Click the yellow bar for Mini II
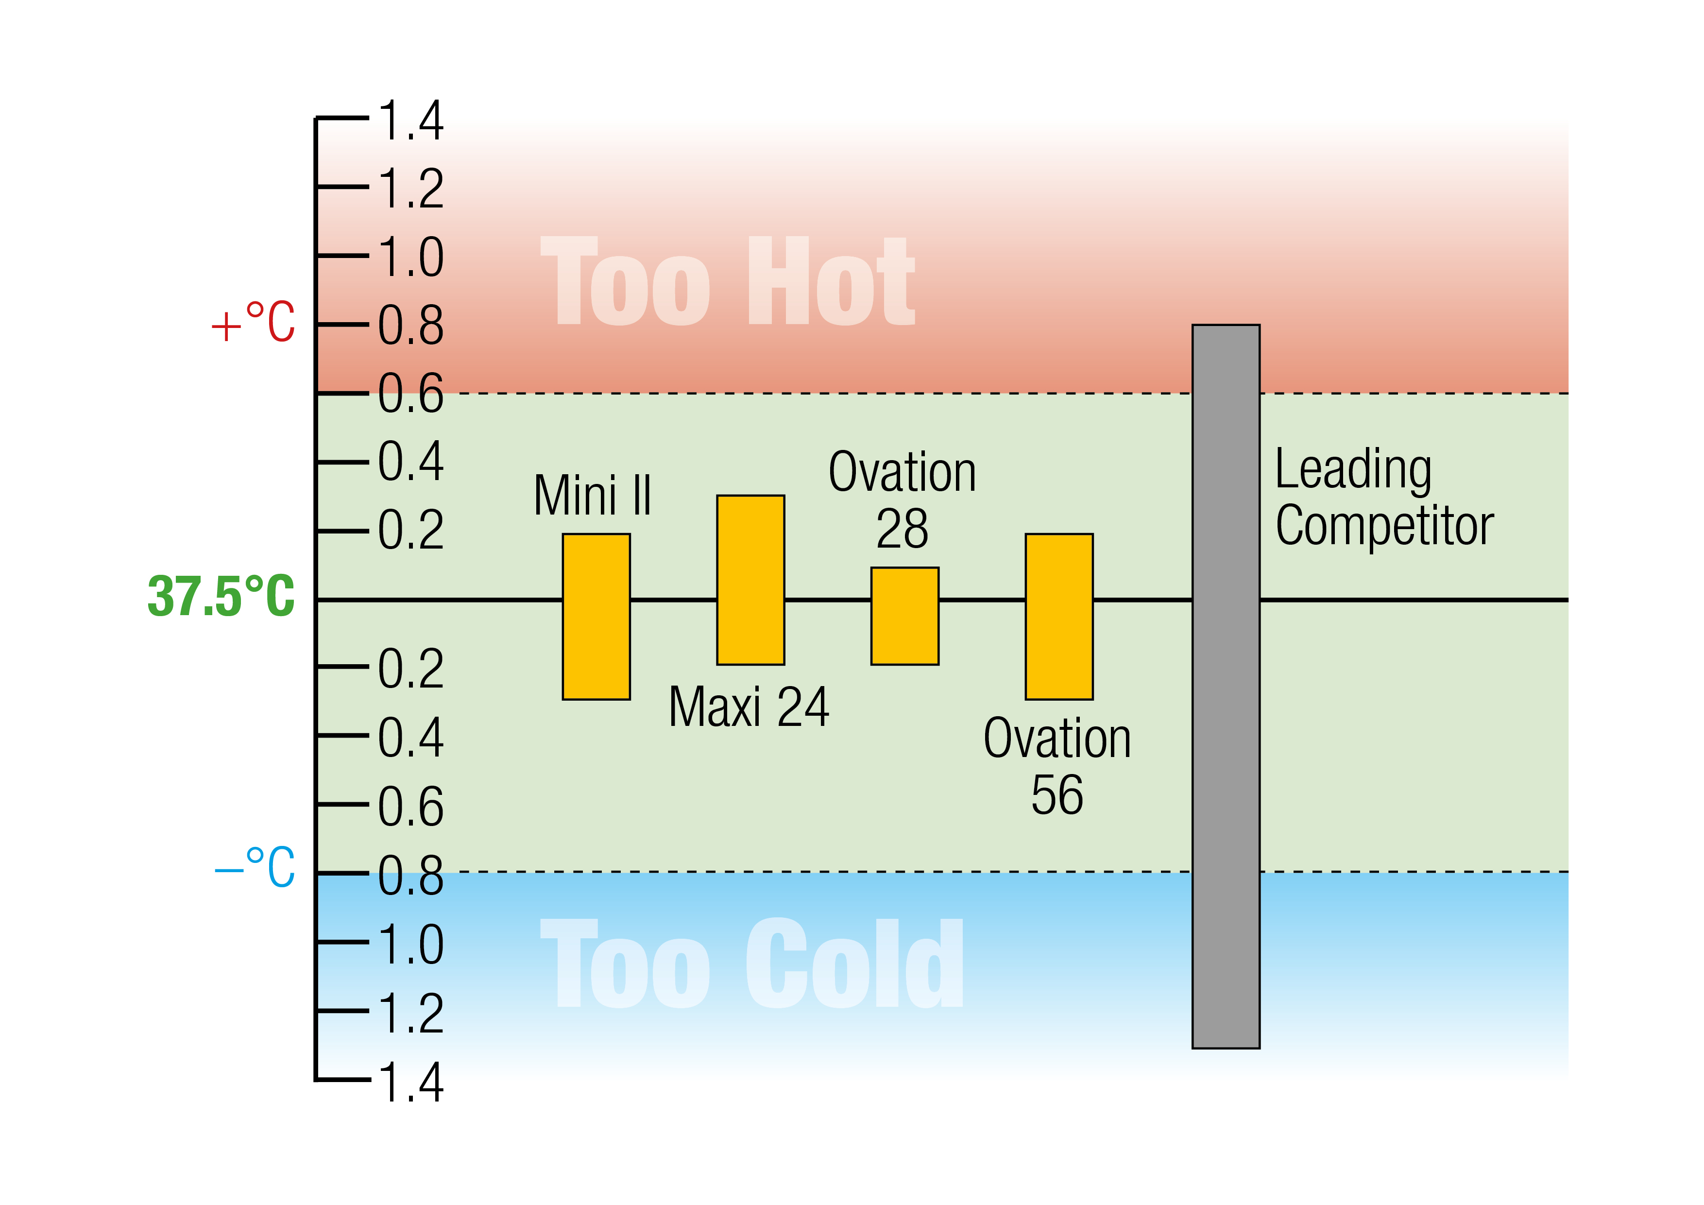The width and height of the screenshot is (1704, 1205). pos(596,616)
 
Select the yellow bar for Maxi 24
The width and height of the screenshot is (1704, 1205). pos(750,580)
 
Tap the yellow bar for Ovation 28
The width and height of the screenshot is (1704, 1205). pos(904,616)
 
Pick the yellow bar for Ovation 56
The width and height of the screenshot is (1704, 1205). pos(1059,616)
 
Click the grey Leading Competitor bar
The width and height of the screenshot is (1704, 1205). pos(1226,687)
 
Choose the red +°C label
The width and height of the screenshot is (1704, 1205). pos(253,323)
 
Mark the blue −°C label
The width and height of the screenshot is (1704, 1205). pos(255,867)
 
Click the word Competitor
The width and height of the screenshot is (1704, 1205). pos(1384,526)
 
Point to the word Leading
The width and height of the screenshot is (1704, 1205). pos(1353,469)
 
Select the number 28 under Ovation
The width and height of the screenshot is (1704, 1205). pos(903,529)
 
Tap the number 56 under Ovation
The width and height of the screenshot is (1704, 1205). pos(1057,795)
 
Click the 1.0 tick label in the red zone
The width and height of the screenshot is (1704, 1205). pos(410,258)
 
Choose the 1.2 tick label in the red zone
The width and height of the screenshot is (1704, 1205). pos(410,189)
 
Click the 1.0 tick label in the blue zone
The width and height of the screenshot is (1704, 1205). pos(410,945)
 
